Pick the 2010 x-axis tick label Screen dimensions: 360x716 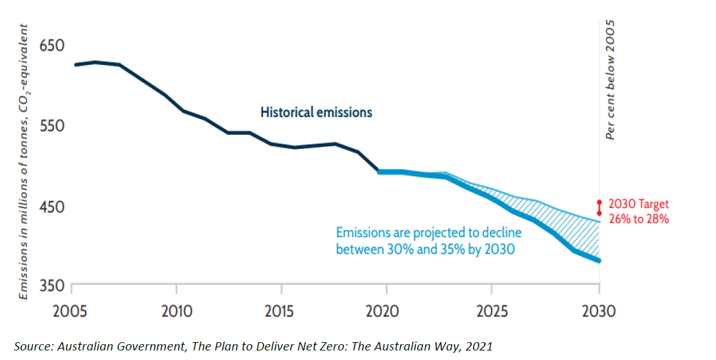176,312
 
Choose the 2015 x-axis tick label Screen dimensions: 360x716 280,312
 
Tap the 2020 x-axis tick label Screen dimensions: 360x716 385,312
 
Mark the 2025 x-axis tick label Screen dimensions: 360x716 491,312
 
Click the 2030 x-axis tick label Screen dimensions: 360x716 599,312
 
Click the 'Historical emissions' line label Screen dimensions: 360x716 316,113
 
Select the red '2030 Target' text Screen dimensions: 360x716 639,205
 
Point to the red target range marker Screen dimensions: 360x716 599,208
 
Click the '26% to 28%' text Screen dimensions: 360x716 638,218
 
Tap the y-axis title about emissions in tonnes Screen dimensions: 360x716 23,162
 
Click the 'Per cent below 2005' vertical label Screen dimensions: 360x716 610,80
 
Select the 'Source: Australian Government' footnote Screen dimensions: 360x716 253,346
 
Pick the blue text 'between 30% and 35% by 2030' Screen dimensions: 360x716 425,249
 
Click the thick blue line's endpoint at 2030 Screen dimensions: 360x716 599,260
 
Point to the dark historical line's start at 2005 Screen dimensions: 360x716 75,65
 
